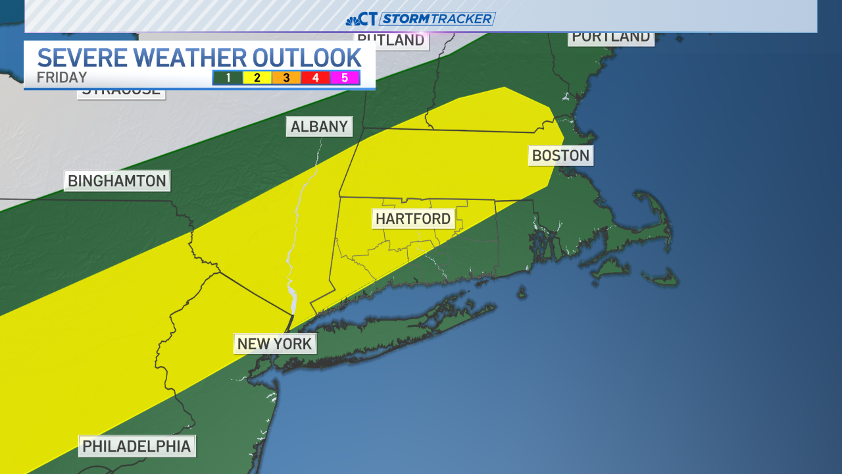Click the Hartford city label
(x=413, y=219)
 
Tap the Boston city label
(x=560, y=155)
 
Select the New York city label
(x=274, y=343)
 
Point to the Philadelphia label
(x=137, y=446)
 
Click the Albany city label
(x=319, y=126)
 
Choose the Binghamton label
(x=117, y=180)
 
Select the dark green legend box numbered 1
(x=228, y=78)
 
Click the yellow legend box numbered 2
(x=257, y=78)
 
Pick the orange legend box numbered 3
(x=286, y=78)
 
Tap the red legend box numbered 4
(x=316, y=78)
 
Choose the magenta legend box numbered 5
(x=345, y=78)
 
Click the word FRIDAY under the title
(x=62, y=77)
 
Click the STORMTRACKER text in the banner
(x=437, y=18)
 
